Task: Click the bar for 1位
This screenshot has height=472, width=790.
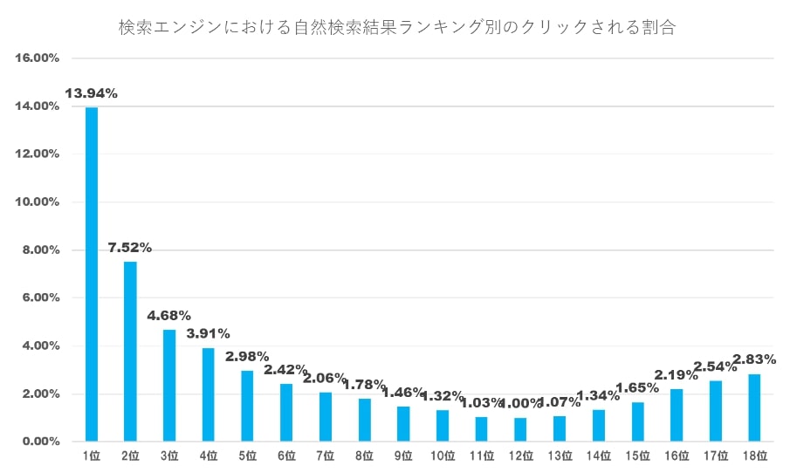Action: [92, 274]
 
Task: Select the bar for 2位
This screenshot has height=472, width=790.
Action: [130, 352]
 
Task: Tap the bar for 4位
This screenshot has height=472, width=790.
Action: [208, 394]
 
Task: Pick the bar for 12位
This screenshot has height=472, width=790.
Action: [520, 429]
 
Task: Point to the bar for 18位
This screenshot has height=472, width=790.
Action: [755, 407]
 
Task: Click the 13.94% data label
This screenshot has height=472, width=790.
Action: [92, 93]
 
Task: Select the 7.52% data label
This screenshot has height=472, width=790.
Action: [130, 247]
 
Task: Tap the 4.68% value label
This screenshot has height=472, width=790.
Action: [169, 315]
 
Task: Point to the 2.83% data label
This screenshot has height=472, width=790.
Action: [754, 359]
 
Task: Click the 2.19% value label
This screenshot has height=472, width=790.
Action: [677, 374]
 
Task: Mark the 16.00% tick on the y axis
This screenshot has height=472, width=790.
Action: [37, 58]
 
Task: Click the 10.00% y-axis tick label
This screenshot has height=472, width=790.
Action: [37, 202]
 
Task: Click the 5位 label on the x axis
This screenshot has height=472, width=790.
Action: [247, 455]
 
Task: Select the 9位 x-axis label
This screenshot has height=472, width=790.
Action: [403, 455]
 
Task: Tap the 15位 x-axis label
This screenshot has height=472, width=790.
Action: [637, 455]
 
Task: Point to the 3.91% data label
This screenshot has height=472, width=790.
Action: [209, 333]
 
